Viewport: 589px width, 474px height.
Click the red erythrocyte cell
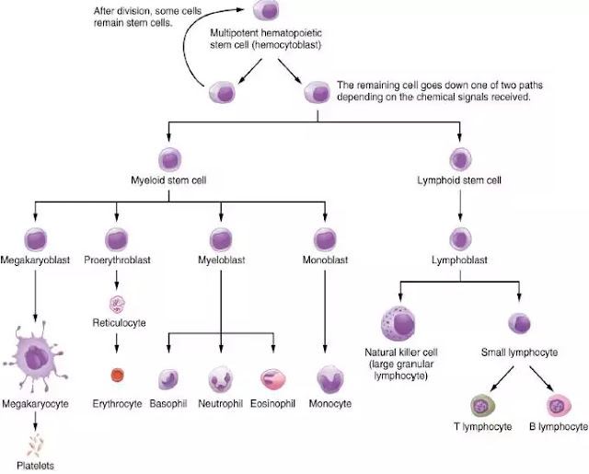coord(117,375)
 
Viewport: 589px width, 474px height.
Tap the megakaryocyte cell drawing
coord(35,356)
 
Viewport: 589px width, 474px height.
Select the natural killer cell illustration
coord(398,323)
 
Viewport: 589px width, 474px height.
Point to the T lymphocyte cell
coord(482,406)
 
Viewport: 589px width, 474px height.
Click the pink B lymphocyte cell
coord(559,406)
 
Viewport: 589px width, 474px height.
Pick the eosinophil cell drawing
coord(273,379)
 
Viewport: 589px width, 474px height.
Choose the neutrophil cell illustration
coord(221,379)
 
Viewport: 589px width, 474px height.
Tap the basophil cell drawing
coord(168,379)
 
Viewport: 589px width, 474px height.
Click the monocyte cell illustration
coord(330,379)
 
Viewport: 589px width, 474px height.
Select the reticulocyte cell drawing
coord(117,305)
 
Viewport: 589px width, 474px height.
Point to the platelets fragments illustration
coord(35,445)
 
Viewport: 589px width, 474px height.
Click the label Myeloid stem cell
coord(168,180)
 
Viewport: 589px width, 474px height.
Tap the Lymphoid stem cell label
coord(459,180)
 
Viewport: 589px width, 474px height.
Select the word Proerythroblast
coord(117,260)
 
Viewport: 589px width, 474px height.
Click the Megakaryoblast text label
coord(35,260)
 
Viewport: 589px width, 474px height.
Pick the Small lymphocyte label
coord(519,353)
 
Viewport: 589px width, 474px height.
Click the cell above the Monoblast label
coord(325,239)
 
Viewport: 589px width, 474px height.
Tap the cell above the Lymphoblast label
coord(460,239)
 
